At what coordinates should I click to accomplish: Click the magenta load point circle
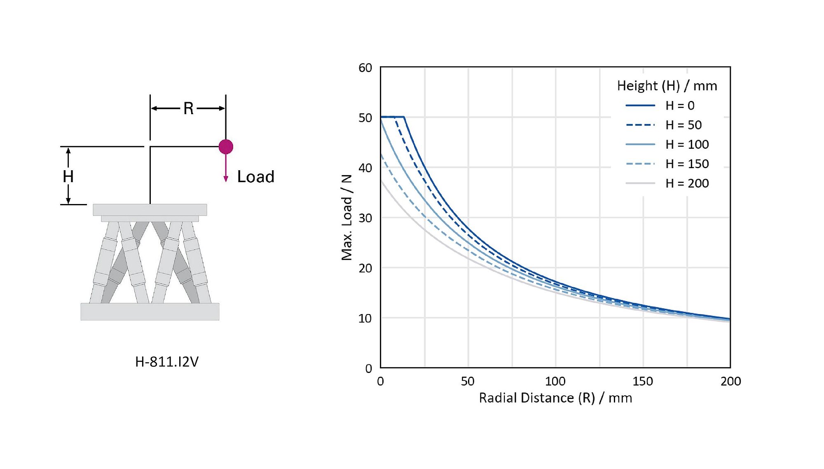click(226, 146)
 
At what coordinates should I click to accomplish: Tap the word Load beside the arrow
click(255, 177)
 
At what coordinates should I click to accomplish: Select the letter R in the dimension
click(188, 108)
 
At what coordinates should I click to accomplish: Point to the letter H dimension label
click(68, 176)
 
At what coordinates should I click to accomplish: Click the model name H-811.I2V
click(167, 361)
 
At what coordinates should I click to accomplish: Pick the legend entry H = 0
click(680, 106)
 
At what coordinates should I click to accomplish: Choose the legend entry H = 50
click(684, 125)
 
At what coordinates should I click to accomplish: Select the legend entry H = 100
click(687, 144)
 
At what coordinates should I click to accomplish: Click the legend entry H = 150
click(687, 164)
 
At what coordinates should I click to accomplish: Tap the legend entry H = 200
click(687, 183)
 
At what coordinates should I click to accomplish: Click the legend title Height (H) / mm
click(667, 86)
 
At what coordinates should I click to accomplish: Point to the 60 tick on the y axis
click(365, 68)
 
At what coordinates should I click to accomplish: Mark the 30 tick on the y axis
click(365, 218)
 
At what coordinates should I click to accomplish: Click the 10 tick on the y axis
click(365, 318)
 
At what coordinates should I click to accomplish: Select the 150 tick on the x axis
click(643, 381)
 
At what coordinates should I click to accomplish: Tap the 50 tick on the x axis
click(468, 381)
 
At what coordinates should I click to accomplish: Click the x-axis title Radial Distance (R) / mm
click(555, 398)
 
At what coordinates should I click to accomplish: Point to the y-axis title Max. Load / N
click(346, 217)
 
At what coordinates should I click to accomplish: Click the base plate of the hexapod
click(150, 312)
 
